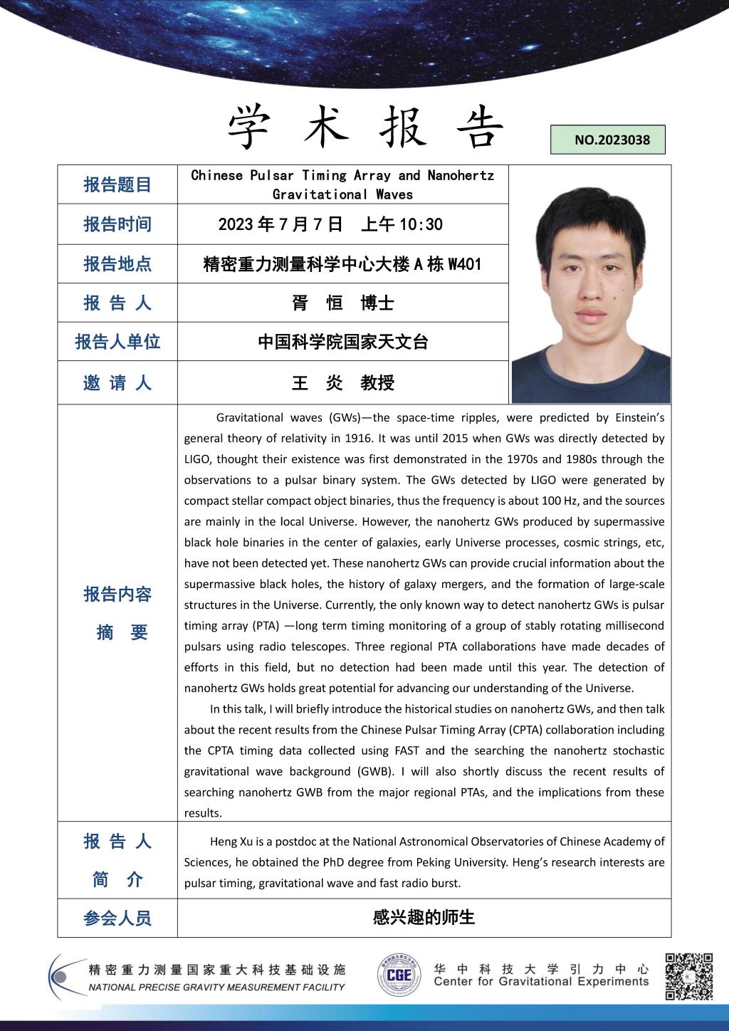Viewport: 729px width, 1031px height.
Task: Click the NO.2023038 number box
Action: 608,140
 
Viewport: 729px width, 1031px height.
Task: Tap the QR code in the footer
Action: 689,976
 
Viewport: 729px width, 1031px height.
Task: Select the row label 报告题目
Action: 117,185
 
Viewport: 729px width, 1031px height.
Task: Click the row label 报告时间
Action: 117,224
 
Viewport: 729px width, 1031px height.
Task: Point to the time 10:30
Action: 421,225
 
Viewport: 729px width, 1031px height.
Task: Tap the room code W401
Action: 464,264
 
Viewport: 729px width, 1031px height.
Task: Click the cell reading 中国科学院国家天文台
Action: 342,342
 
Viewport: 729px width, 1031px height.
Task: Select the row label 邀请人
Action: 117,383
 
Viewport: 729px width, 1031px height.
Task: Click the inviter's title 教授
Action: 377,383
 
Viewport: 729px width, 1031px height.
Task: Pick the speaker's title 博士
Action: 377,303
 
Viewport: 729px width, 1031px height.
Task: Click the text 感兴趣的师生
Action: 424,918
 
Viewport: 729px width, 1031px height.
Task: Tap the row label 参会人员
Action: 117,919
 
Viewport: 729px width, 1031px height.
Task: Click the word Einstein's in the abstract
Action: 639,418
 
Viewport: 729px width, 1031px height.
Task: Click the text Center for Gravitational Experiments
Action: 541,982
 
